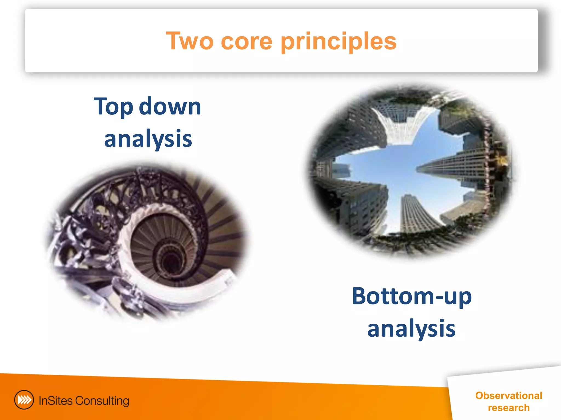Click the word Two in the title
(x=190, y=41)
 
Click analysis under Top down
(x=148, y=139)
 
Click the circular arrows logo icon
(x=24, y=400)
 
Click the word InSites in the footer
(x=56, y=401)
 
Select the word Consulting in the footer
(x=102, y=401)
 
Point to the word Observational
(x=509, y=395)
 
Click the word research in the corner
(x=509, y=408)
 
